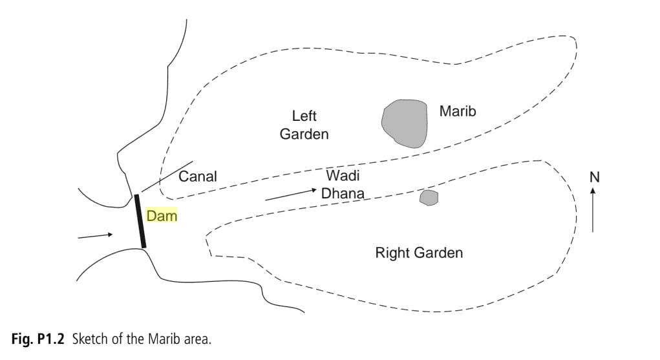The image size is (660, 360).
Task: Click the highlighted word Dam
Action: coord(162,216)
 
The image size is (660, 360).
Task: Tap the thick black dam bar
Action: coord(140,220)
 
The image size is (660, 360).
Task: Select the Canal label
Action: coord(198,176)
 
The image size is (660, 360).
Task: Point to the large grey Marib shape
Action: coord(405,123)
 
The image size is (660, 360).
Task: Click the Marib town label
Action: coord(458,111)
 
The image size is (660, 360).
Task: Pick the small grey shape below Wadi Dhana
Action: coord(429,197)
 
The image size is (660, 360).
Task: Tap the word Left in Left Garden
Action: coord(304,116)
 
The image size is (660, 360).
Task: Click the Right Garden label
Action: coord(419,253)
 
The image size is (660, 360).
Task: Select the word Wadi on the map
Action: coord(343,175)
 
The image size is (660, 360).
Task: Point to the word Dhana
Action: coord(343,193)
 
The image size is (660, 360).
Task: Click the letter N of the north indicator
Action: coord(595,177)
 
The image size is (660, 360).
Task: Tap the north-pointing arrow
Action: coord(593,209)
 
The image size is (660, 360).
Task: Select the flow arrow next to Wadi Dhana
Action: coord(290,195)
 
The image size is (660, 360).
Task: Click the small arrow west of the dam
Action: coord(95,236)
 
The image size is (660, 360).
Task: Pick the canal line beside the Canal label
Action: coord(166,176)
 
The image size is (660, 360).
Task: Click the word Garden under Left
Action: coord(304,134)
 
